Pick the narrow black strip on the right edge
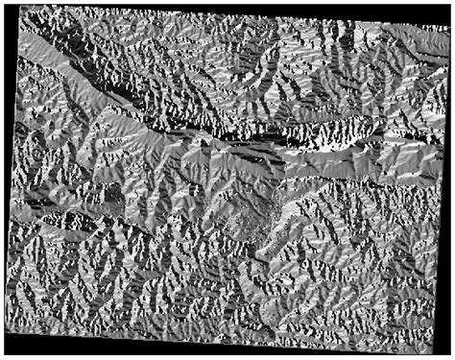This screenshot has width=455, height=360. click(450, 192)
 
